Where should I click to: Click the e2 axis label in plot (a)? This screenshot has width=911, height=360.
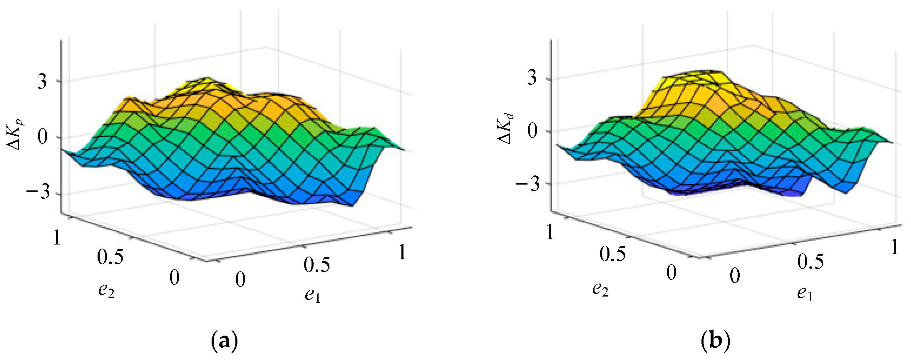[106, 291]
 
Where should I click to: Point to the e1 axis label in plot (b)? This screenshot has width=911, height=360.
[805, 294]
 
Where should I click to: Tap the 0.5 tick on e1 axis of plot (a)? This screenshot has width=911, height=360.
[317, 265]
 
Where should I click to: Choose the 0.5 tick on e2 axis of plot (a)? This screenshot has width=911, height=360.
[111, 257]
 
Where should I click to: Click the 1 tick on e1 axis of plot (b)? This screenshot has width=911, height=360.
[894, 247]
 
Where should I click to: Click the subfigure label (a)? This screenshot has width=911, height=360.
[224, 342]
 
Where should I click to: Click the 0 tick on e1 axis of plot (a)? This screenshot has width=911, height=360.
[240, 280]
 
